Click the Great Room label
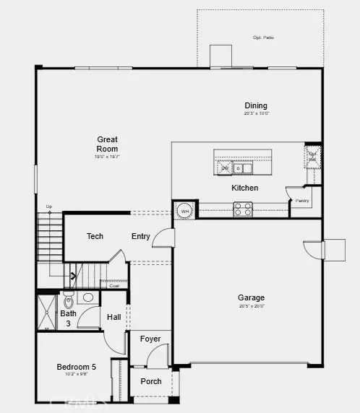107,144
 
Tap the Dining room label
256,105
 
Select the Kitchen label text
244,188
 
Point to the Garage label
251,297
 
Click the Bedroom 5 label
77,367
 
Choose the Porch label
150,381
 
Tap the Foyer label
150,339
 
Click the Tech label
95,236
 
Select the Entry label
141,236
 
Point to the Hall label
114,317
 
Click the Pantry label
301,200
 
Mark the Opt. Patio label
263,37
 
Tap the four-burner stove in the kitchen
242,209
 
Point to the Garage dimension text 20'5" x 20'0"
251,305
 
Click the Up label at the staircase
49,206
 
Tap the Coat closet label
113,285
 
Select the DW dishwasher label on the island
224,168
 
